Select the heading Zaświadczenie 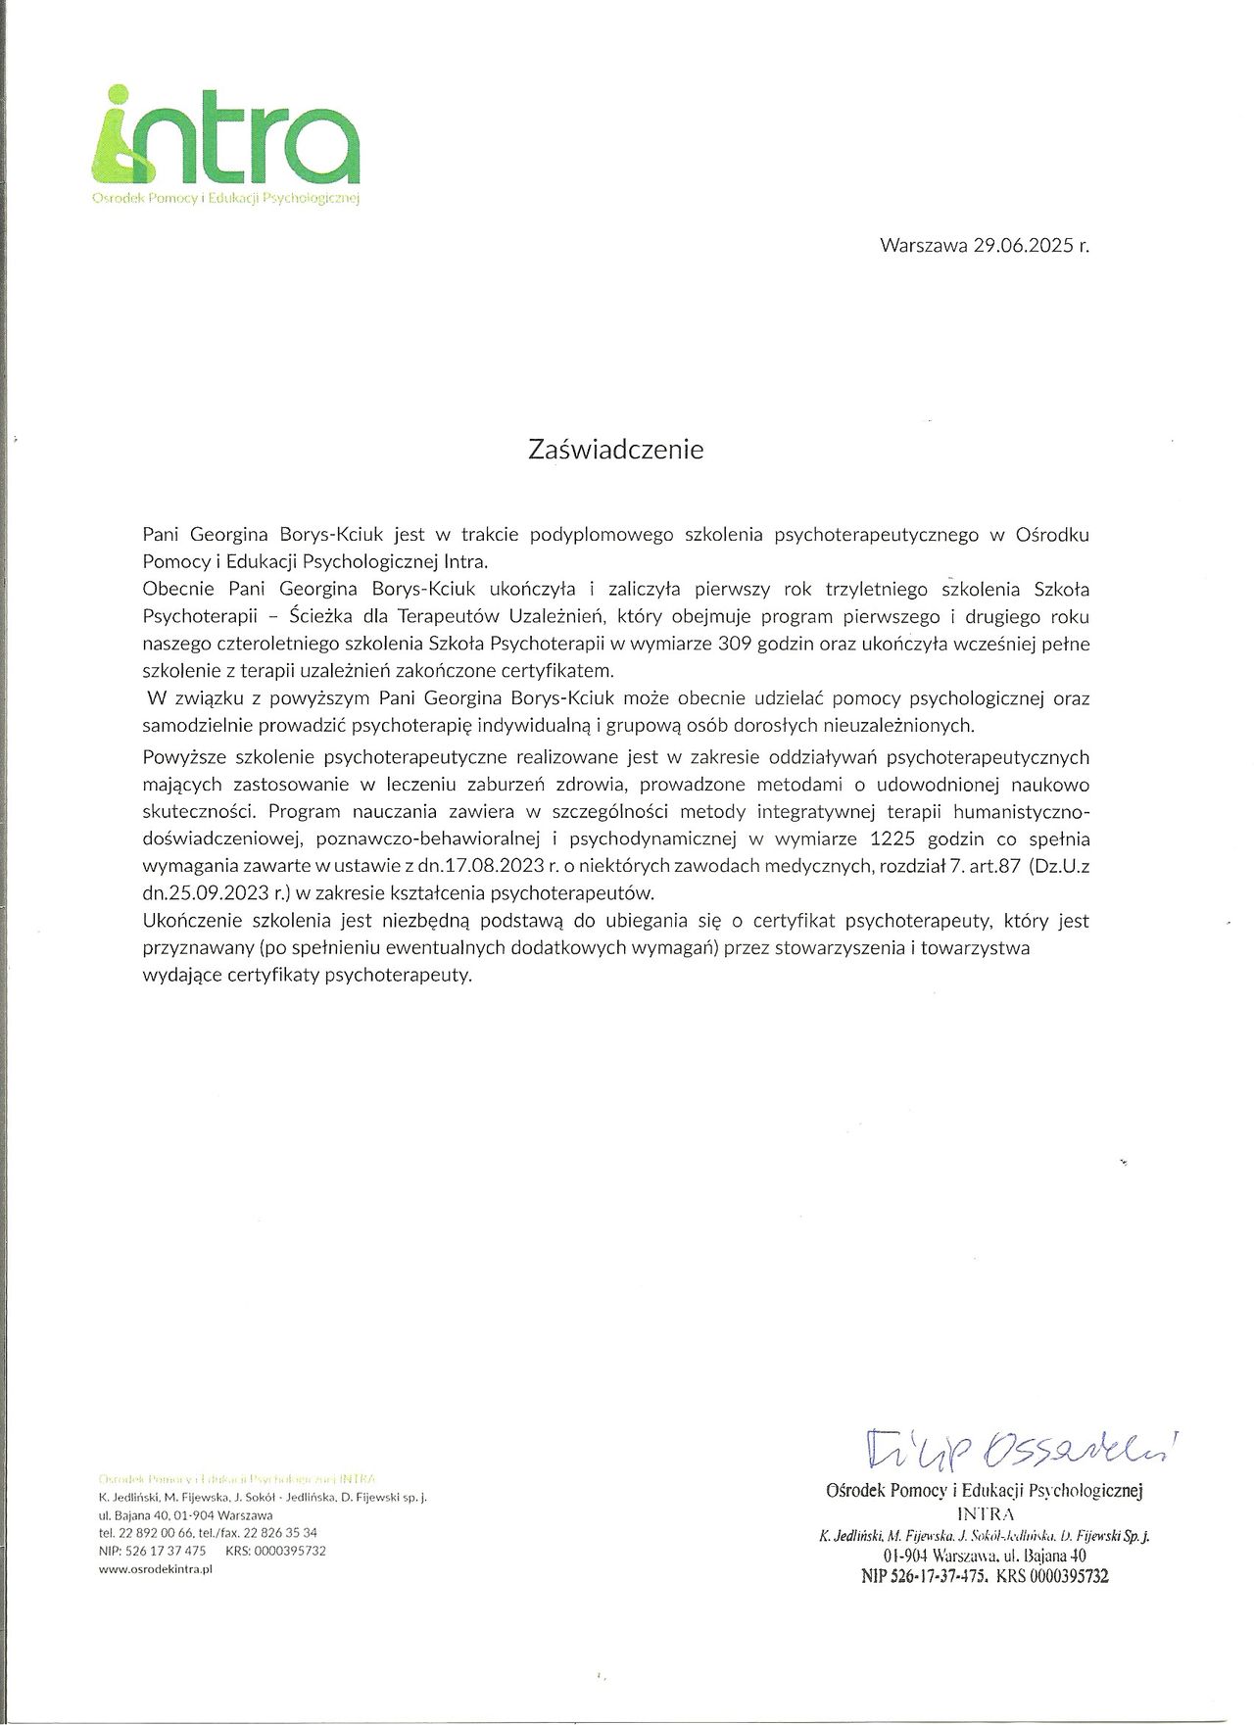coord(615,450)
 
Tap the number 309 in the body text coord(735,644)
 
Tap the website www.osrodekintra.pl coord(156,1568)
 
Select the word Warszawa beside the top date coord(924,245)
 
